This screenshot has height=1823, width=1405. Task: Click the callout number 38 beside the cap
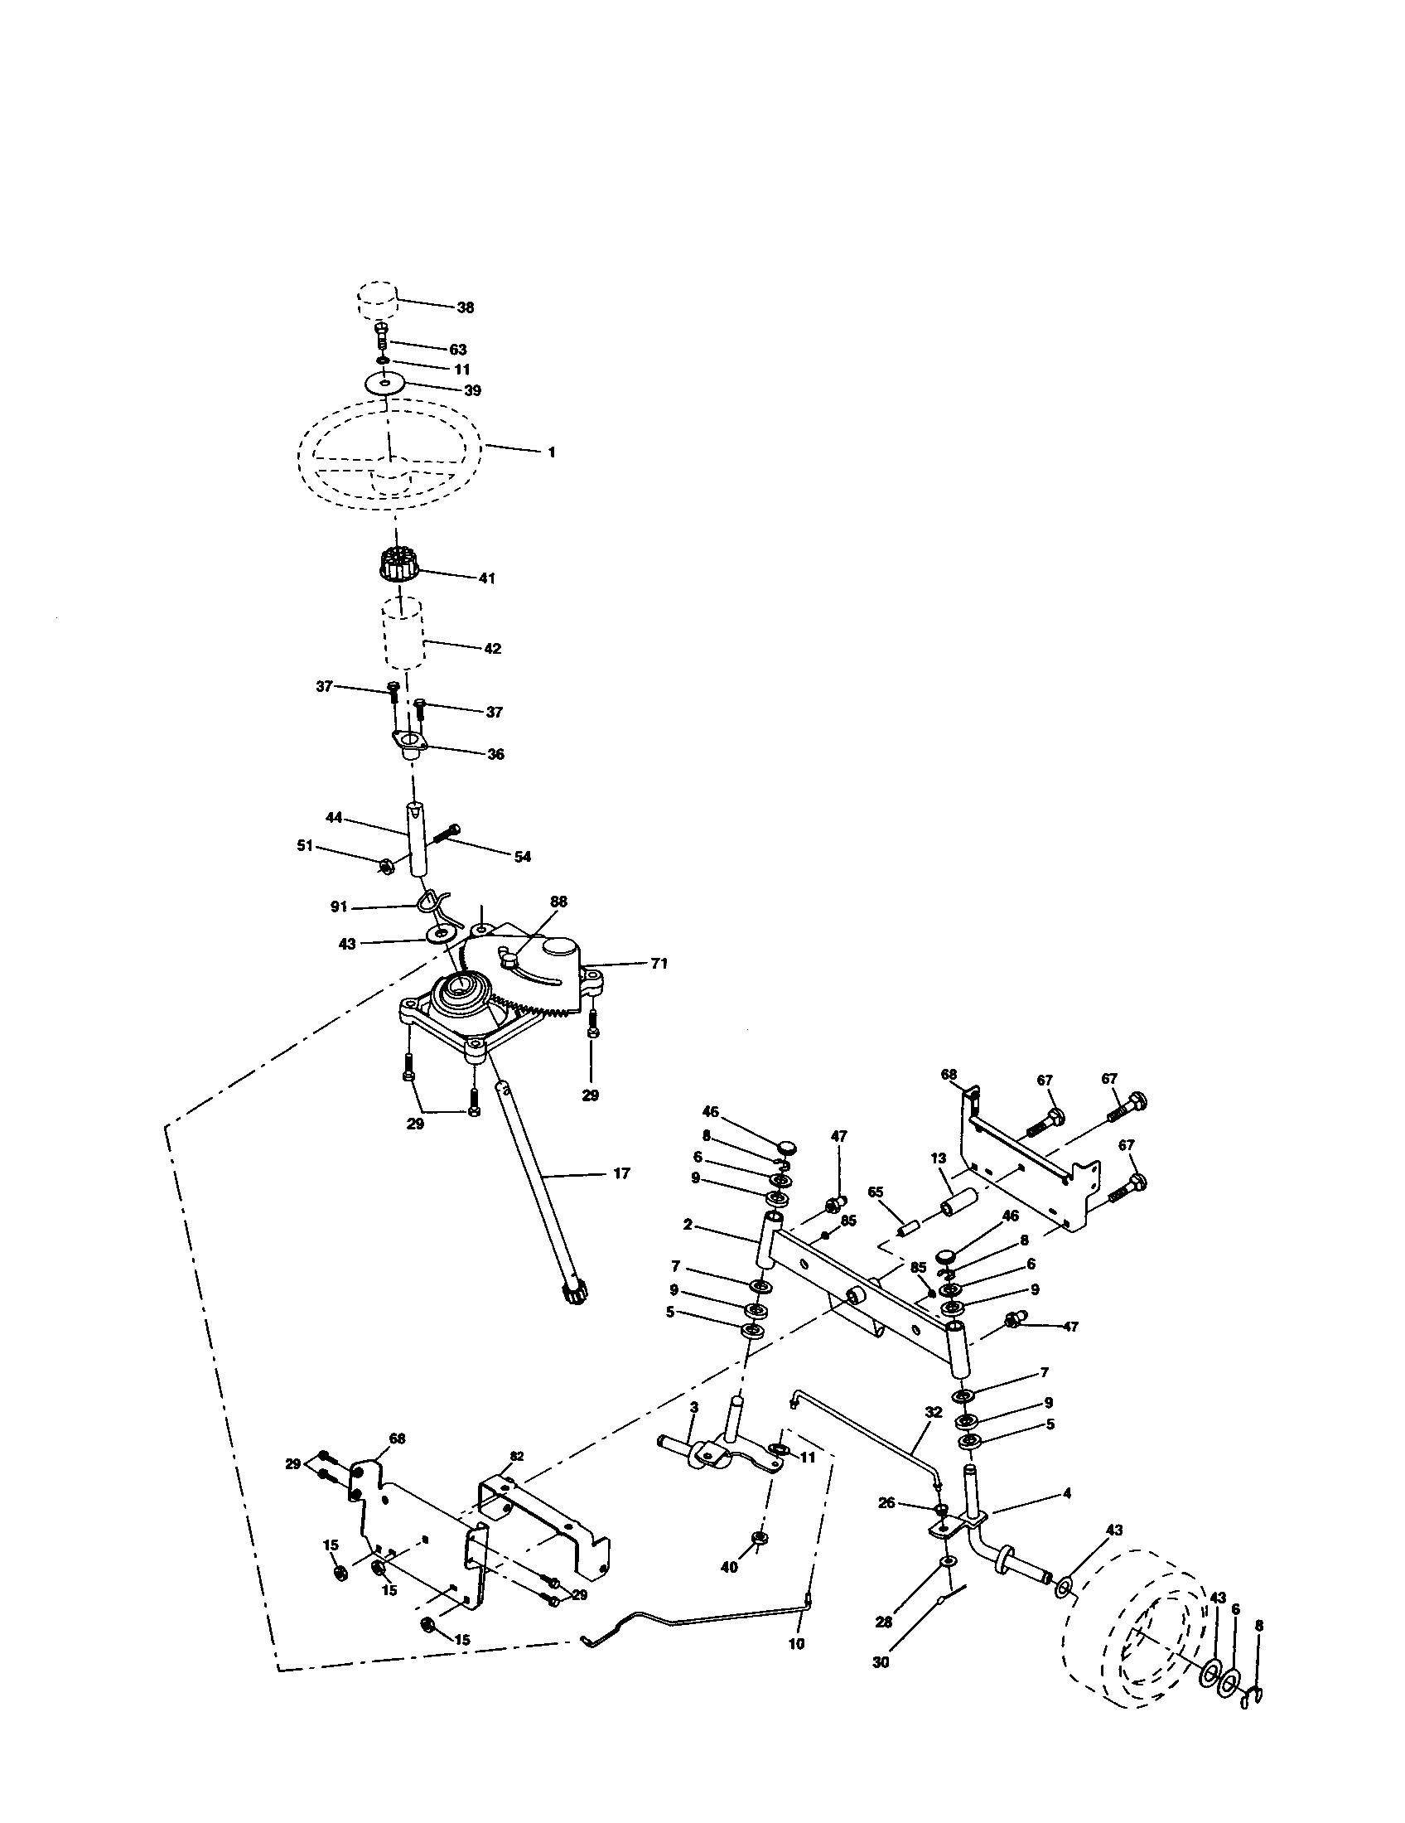tap(465, 307)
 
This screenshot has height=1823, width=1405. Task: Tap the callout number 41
tap(486, 578)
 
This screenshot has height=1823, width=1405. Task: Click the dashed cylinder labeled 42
tap(403, 634)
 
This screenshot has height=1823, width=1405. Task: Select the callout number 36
tap(495, 754)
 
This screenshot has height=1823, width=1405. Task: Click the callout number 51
tap(305, 845)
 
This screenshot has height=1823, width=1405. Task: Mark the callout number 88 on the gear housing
tap(558, 902)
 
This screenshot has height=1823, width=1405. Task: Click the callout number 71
tap(659, 963)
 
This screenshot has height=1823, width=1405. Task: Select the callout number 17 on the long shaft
tap(620, 1173)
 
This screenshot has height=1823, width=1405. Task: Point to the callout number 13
tap(939, 1158)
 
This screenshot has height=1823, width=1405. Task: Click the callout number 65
tap(875, 1192)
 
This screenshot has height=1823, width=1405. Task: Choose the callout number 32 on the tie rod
tap(934, 1411)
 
